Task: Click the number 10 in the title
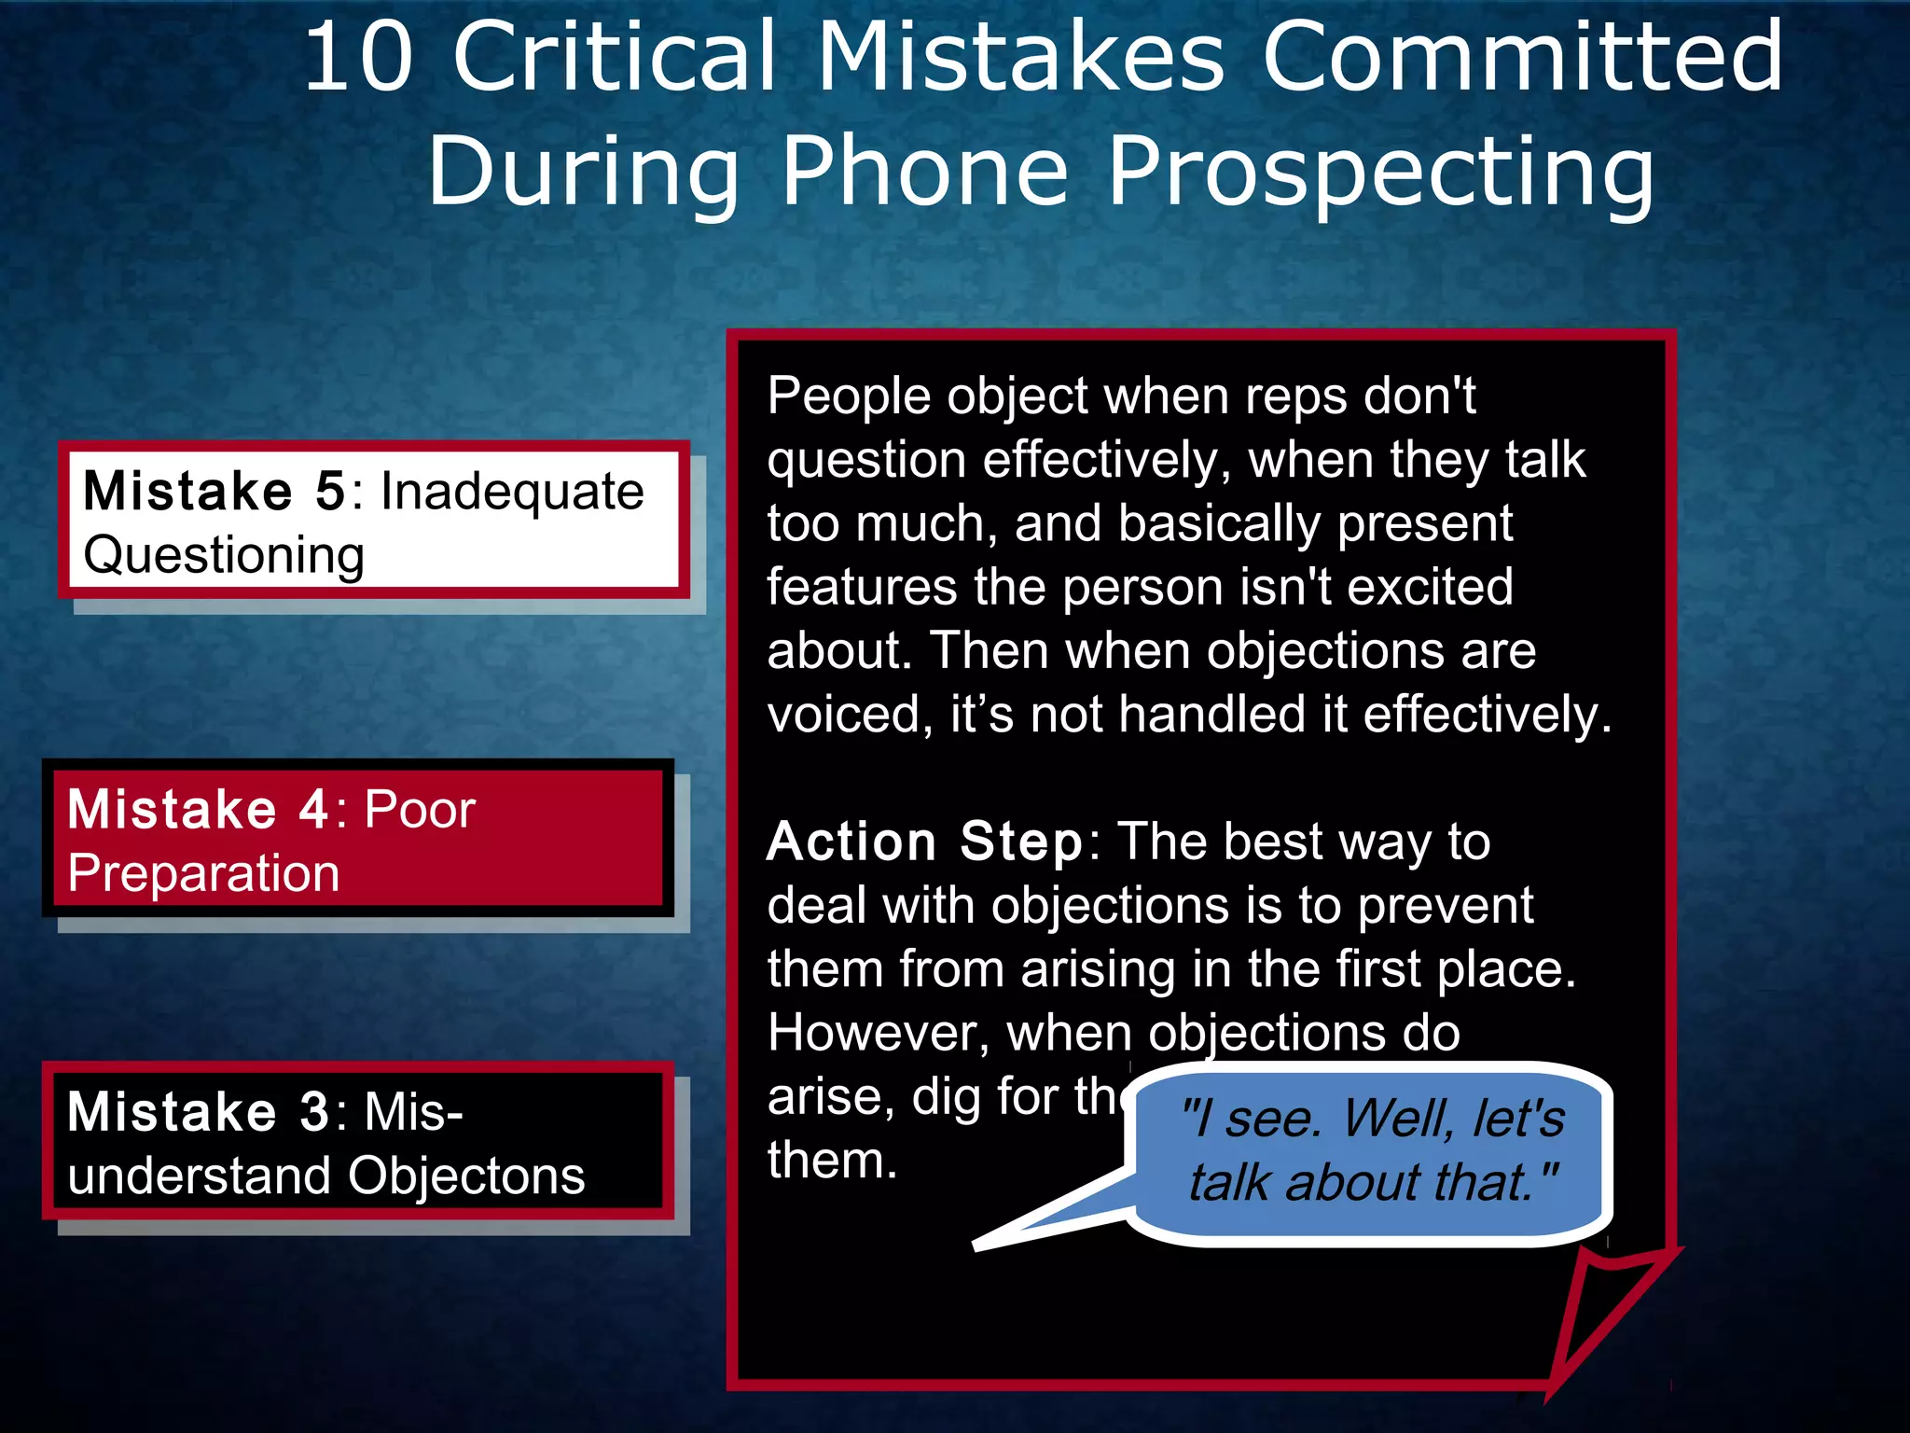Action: point(358,58)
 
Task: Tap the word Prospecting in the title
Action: point(1380,174)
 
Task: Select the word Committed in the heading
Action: point(1522,58)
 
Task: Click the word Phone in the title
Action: point(923,172)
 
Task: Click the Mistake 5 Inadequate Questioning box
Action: point(373,521)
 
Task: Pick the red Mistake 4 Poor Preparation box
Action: point(358,839)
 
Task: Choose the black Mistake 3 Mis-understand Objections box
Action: point(358,1141)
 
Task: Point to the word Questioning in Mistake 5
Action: point(224,556)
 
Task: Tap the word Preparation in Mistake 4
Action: point(203,874)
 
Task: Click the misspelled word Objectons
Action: point(466,1176)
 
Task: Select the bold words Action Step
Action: point(924,842)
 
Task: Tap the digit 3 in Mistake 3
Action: point(314,1113)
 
